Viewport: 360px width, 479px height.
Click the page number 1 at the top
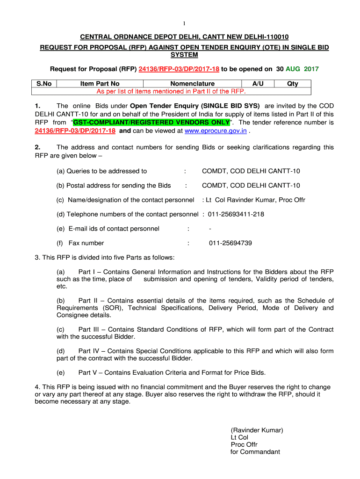click(x=184, y=24)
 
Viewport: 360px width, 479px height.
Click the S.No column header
click(x=43, y=84)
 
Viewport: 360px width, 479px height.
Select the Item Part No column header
click(x=100, y=84)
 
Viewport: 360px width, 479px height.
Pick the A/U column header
click(x=258, y=84)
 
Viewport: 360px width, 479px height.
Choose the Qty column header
click(x=293, y=84)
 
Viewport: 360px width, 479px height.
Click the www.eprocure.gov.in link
click(x=216, y=131)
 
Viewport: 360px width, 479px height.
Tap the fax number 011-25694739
click(x=230, y=243)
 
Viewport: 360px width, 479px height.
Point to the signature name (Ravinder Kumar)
click(x=257, y=430)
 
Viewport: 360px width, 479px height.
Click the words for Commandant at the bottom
click(x=255, y=452)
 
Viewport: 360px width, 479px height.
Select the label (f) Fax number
click(x=80, y=243)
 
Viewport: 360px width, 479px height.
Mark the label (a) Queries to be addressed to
click(x=102, y=171)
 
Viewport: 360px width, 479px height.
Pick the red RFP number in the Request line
click(x=179, y=69)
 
